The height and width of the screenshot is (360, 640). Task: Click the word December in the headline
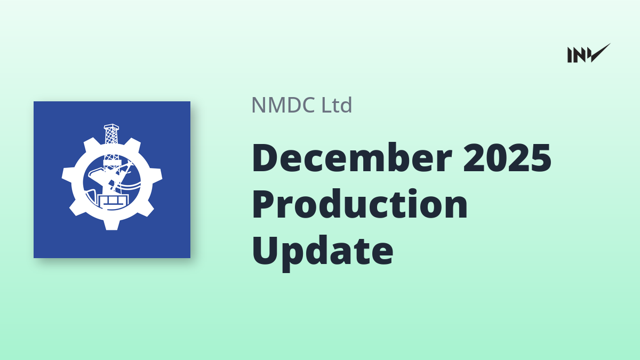tap(352, 157)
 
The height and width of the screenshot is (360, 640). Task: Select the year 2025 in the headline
tap(507, 158)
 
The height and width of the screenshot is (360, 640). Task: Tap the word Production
tap(359, 204)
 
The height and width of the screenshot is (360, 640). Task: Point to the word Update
tap(323, 252)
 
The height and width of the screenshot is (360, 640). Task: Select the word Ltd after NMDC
tap(337, 105)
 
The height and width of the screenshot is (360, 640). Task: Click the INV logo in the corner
tap(589, 53)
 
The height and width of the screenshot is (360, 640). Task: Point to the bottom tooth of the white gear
tap(111, 225)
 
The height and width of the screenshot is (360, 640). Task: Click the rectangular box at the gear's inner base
tap(112, 201)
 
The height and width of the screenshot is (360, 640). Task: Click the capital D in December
tap(266, 158)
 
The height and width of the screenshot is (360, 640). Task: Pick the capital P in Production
tap(265, 204)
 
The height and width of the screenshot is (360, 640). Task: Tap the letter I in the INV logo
tap(570, 55)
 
